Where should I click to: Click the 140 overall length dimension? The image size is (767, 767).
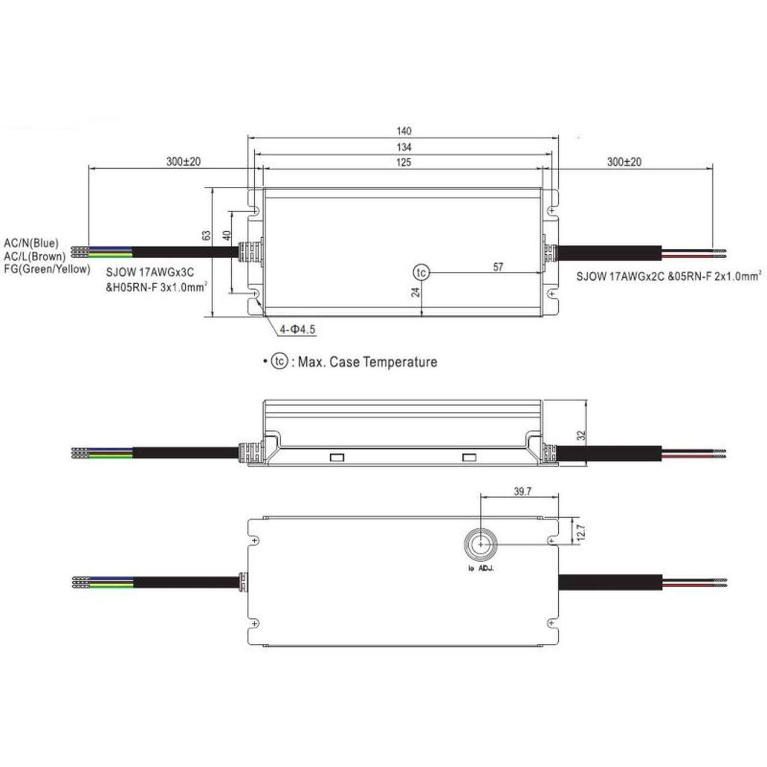click(404, 131)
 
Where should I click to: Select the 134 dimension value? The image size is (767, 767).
click(404, 147)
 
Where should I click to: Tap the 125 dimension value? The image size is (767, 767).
click(404, 162)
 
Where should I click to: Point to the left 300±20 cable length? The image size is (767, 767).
click(184, 162)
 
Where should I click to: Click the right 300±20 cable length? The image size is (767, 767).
click(624, 162)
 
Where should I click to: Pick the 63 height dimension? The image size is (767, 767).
click(207, 235)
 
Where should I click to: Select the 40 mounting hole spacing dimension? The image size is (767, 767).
click(226, 236)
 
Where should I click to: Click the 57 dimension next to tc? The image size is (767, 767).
click(498, 267)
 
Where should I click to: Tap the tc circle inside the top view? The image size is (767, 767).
click(421, 272)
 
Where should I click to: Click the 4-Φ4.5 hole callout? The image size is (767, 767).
click(297, 329)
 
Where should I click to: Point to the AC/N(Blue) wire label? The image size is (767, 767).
click(31, 243)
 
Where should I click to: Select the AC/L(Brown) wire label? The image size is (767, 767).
click(35, 256)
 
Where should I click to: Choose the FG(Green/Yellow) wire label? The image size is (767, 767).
click(47, 269)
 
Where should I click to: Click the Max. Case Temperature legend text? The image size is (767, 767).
click(367, 362)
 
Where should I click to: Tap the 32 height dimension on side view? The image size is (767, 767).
click(582, 436)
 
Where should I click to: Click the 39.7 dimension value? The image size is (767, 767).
click(522, 491)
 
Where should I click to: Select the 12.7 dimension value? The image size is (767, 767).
click(581, 531)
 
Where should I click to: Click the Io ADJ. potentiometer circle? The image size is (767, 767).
click(480, 545)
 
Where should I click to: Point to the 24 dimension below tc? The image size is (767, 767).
click(416, 292)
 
